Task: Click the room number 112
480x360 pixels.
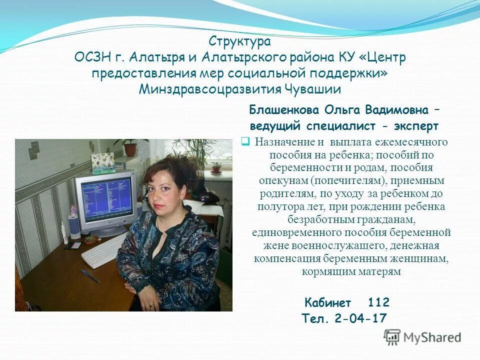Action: (378, 302)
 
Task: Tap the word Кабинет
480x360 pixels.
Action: (327, 302)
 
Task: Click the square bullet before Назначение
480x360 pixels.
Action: (245, 142)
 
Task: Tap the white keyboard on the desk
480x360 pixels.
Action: (105, 250)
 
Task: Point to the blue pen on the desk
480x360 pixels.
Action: (90, 275)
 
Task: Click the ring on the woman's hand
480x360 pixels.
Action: (150, 305)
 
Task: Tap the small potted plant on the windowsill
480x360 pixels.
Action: (216, 168)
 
